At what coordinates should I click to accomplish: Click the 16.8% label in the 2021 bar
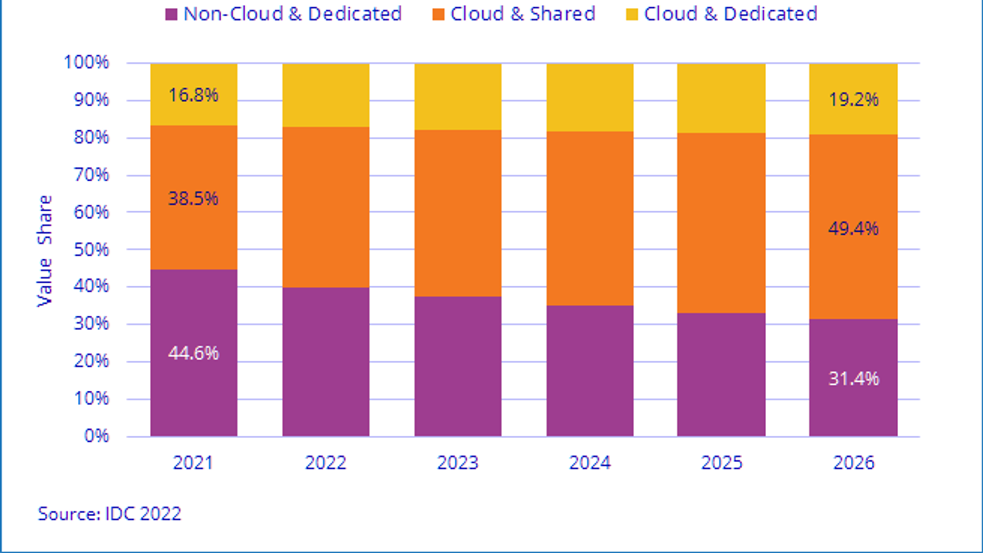tap(194, 95)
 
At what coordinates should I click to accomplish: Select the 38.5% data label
tap(194, 198)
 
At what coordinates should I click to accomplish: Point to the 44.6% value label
tap(194, 353)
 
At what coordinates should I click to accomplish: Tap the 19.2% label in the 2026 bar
tap(853, 100)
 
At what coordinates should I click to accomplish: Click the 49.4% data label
tap(853, 229)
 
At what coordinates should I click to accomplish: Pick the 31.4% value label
tap(853, 378)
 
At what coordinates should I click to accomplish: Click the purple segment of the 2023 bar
tap(458, 366)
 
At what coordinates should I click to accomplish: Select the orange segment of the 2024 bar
tap(590, 218)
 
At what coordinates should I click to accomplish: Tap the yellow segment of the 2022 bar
tap(326, 95)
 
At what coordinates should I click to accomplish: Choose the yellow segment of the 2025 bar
tap(721, 98)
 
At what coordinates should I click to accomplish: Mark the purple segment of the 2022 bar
tap(326, 361)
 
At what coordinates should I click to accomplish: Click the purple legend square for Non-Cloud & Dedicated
tap(171, 14)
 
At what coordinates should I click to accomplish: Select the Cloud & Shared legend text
tap(522, 14)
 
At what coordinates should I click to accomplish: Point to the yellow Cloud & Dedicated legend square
tap(632, 14)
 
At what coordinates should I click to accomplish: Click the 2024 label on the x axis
tap(590, 463)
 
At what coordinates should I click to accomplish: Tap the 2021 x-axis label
tap(193, 463)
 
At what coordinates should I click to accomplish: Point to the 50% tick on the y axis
tap(91, 249)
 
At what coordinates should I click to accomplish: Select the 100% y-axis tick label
tap(87, 62)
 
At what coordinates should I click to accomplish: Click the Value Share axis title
tap(45, 251)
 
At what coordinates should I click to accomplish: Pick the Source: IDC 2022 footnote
tap(109, 514)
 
